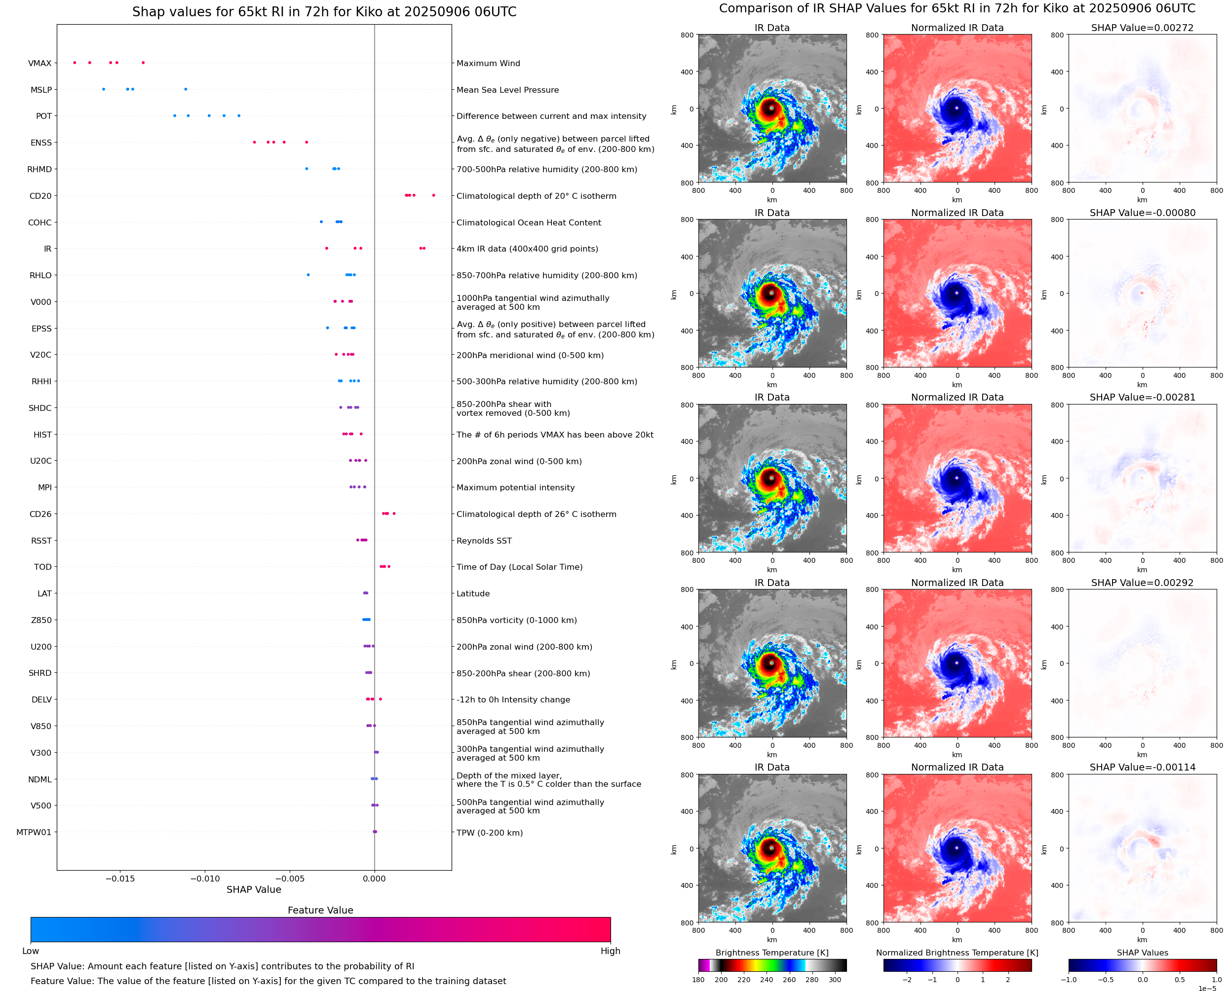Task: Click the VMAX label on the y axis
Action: click(39, 63)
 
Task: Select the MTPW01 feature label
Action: click(34, 832)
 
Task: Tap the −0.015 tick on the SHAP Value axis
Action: click(120, 879)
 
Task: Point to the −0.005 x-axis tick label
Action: click(290, 879)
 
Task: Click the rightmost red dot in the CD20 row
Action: click(433, 195)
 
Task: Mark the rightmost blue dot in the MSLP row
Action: click(186, 89)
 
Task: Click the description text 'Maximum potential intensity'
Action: click(515, 487)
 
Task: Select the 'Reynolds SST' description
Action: click(484, 541)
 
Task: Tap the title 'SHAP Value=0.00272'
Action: click(1142, 28)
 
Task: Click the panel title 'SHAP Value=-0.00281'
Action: click(1142, 397)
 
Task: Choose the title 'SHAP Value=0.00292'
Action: click(1142, 583)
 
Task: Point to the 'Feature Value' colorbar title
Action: click(320, 910)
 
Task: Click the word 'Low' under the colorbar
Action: click(31, 951)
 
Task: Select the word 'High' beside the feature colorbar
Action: click(610, 951)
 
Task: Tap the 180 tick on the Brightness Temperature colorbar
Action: click(698, 980)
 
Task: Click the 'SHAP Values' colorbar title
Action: click(1142, 953)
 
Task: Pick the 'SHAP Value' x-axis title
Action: click(254, 889)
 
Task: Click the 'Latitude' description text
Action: click(473, 594)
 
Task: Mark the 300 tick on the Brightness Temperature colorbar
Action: click(835, 980)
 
